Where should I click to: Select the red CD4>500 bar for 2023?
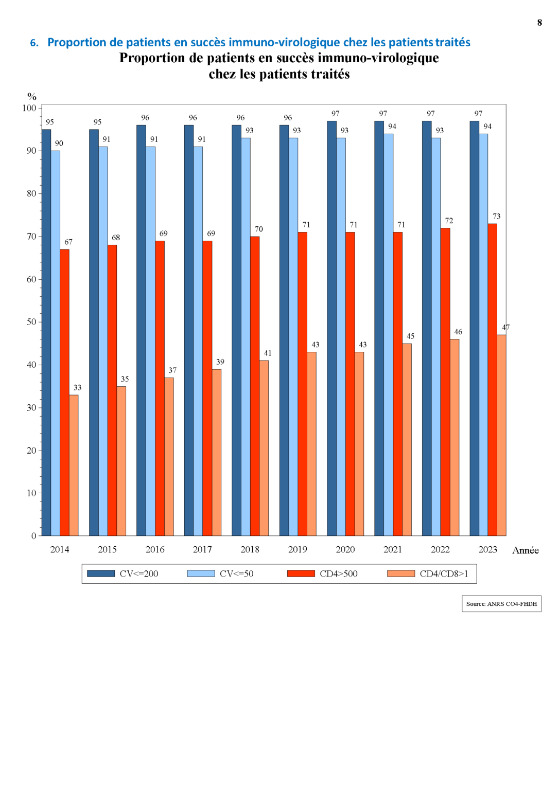(493, 380)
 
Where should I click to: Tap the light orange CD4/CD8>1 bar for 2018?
(264, 448)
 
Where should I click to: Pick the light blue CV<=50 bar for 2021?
(389, 334)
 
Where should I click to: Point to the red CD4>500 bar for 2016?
(160, 388)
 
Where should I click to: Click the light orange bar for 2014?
(74, 465)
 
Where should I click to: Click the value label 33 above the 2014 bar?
(77, 388)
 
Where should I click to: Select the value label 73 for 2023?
(496, 217)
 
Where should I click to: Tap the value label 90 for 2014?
(59, 143)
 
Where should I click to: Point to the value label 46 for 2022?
(458, 332)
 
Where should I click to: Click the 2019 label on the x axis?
(298, 550)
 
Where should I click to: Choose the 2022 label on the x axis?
(440, 550)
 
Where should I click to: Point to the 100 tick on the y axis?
(29, 108)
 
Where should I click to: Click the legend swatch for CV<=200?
(101, 573)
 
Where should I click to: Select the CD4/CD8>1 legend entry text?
(444, 574)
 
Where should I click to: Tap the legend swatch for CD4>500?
(301, 573)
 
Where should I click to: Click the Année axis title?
(526, 550)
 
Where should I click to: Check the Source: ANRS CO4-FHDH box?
(501, 604)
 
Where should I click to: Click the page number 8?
(539, 23)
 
